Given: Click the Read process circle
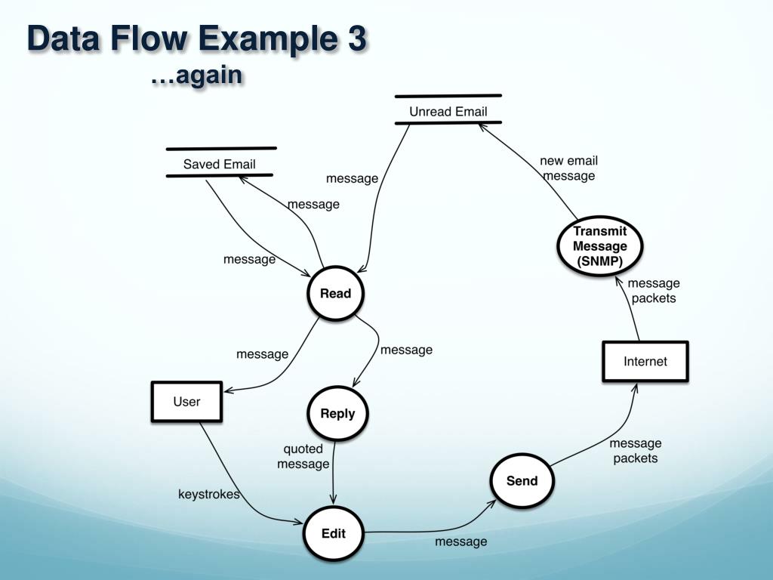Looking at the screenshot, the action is coord(336,294).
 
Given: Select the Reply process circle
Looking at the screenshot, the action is coord(337,413).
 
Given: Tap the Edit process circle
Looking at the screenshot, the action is coord(333,533).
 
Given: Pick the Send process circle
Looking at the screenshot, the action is coord(522,481).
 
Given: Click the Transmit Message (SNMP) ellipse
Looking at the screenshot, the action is coord(600,246).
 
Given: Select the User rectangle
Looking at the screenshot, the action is coord(187,402).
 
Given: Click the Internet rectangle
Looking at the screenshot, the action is coord(645,362).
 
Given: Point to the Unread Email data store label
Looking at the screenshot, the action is coord(448,112).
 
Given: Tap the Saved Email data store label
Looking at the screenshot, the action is coord(220,164).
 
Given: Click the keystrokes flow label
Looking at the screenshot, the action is coord(209,494).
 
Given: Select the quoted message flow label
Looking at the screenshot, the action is coord(303,456).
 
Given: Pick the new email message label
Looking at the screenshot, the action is coord(569,168).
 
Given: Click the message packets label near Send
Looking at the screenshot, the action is coord(636,451).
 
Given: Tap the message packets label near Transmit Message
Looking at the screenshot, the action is coord(654,291).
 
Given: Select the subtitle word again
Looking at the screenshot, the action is coord(209,76).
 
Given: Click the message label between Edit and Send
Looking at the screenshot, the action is coord(461,541).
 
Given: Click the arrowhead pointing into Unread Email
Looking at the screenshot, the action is coord(482,127).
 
